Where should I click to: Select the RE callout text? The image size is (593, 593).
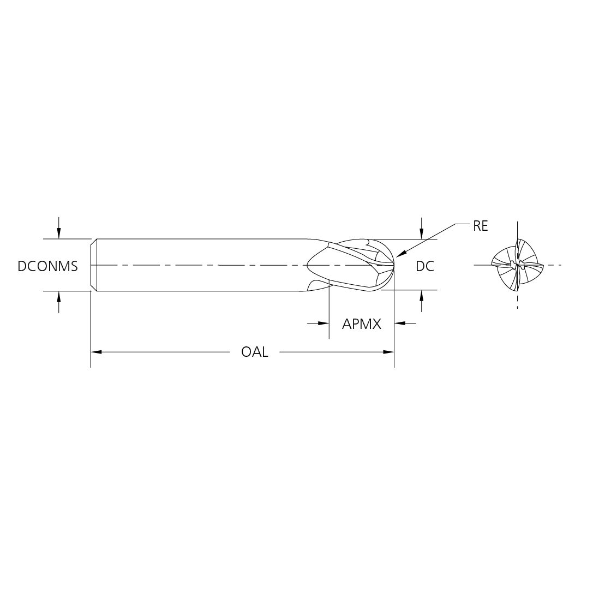pyautogui.click(x=480, y=226)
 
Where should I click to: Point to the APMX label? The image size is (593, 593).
pyautogui.click(x=362, y=324)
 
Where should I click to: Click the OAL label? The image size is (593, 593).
pyautogui.click(x=255, y=352)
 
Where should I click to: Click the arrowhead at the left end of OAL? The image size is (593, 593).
pyautogui.click(x=96, y=352)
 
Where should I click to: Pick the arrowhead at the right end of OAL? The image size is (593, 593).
pyautogui.click(x=389, y=352)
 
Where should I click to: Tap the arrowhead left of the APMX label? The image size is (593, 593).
pyautogui.click(x=324, y=324)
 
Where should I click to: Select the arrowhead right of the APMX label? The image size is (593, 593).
pyautogui.click(x=400, y=324)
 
